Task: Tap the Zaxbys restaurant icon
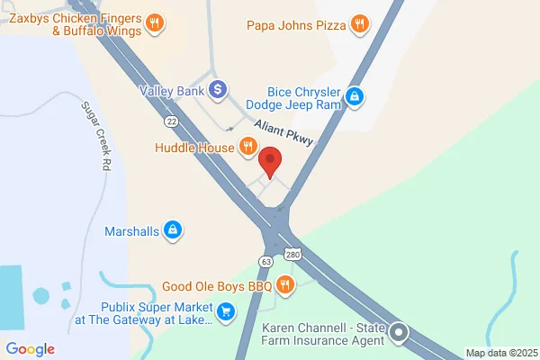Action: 155,23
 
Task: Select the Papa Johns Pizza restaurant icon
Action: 360,24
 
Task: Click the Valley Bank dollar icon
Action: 217,89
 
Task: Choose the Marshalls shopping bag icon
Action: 171,231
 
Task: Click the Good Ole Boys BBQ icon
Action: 284,286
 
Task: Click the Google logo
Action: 30,349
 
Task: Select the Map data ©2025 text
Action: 500,352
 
